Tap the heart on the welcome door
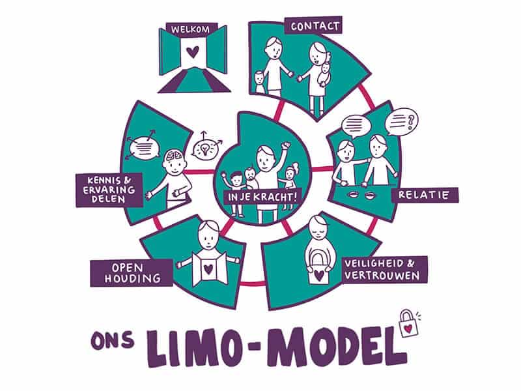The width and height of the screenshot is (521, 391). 190,50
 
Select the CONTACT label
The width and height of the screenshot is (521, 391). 315,27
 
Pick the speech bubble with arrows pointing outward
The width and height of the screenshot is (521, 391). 144,147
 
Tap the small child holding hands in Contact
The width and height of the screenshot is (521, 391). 261,81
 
